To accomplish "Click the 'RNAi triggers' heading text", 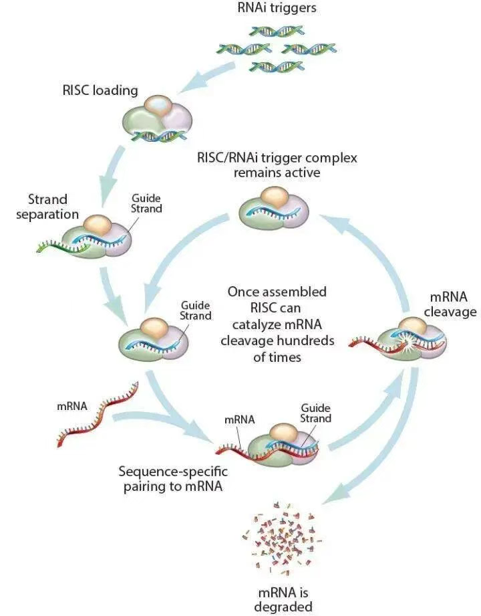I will coord(277,9).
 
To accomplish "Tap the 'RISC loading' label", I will coord(101,90).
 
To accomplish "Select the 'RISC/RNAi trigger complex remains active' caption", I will coord(277,166).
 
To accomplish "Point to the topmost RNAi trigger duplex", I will coord(276,31).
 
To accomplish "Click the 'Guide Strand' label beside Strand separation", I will coord(146,203).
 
